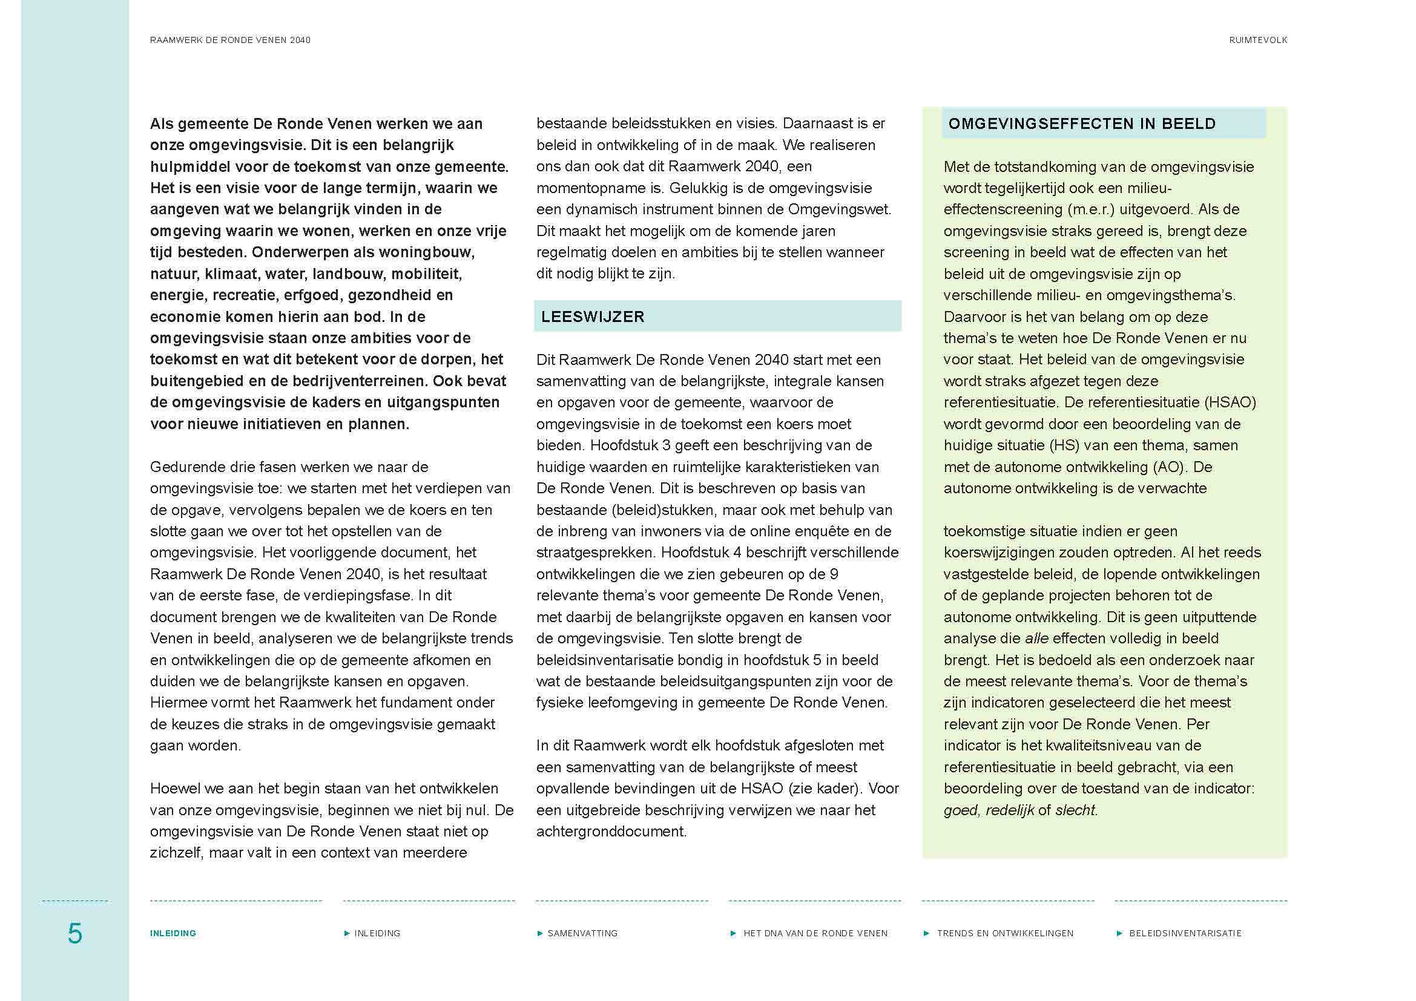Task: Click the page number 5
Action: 74,933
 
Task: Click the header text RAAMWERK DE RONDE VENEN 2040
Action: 230,40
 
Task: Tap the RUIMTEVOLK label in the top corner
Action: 1257,40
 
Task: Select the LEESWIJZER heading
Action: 593,317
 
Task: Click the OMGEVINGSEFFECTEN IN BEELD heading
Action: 1082,124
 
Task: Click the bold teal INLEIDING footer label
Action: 173,933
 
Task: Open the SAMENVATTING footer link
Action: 582,933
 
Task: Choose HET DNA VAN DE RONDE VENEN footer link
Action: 815,933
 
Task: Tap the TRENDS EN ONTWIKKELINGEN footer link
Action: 1005,933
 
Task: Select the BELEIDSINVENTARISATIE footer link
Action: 1185,933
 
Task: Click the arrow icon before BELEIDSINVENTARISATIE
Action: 1119,933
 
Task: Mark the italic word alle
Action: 1036,638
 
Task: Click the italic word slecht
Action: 1076,810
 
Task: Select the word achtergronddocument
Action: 611,832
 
